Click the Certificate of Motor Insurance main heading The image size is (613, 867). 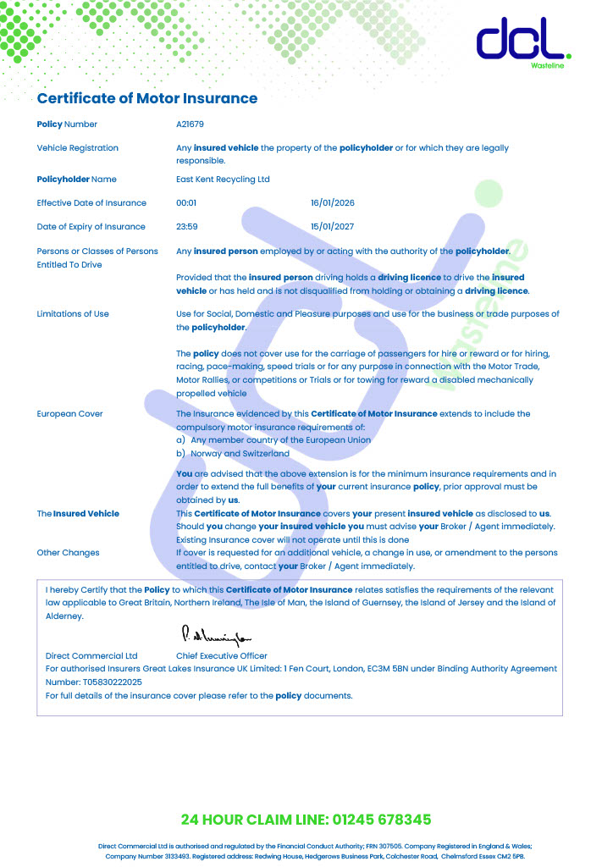tap(146, 98)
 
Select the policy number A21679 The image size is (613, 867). tap(191, 124)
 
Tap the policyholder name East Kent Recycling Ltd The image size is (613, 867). tap(223, 179)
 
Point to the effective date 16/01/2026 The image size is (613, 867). tap(334, 203)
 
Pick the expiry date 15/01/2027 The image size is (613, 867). tap(333, 227)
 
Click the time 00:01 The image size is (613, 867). tap(186, 203)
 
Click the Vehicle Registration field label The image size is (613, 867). tap(78, 148)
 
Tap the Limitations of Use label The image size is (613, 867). tap(73, 314)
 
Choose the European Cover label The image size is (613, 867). tap(70, 414)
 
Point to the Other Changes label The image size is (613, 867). tap(68, 553)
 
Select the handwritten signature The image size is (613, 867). tap(216, 635)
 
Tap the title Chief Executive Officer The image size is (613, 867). tap(221, 656)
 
